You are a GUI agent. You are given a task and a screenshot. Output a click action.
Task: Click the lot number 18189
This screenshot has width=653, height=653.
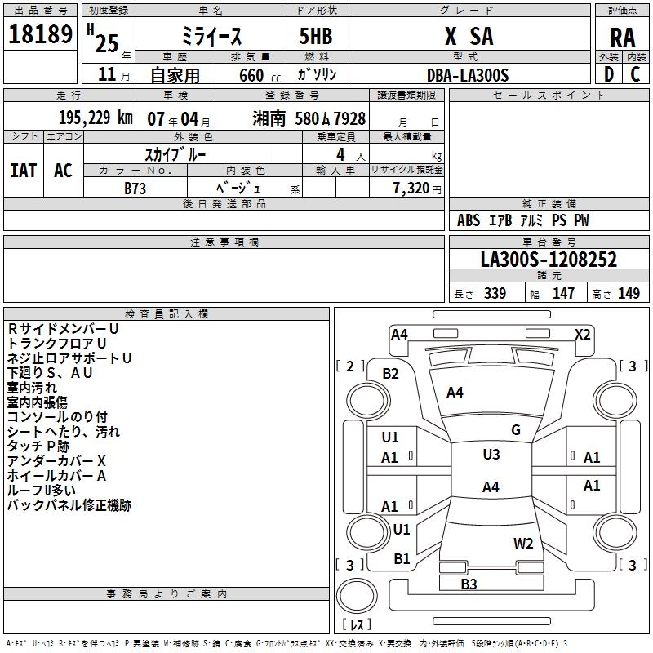coord(40,36)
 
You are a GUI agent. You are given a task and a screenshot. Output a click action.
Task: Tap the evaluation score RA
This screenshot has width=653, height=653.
coord(622,38)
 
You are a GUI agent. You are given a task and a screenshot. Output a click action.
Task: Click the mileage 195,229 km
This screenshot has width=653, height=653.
coord(96,118)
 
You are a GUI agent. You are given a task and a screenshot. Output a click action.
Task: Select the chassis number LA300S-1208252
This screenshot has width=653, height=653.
coord(549,260)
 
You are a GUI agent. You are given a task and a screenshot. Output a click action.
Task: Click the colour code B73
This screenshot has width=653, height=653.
coord(135,188)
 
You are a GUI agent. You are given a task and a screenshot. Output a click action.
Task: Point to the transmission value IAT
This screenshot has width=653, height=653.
coord(23,171)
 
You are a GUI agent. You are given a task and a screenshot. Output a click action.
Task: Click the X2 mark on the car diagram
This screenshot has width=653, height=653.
coord(582,334)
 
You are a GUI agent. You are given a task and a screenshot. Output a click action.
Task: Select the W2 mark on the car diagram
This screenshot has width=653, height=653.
coord(523,544)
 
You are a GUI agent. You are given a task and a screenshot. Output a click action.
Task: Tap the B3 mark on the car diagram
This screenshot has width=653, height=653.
coord(469,584)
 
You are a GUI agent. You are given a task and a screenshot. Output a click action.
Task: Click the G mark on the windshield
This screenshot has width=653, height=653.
coord(516,430)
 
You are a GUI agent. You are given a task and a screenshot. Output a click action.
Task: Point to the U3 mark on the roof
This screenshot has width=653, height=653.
coord(491,455)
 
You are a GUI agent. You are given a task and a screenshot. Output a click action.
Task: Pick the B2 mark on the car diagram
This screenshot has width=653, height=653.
coord(391,374)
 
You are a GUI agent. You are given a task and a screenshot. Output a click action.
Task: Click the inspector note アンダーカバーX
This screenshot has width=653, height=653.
coord(57,460)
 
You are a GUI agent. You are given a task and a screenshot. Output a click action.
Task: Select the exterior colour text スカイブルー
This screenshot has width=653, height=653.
coord(175,153)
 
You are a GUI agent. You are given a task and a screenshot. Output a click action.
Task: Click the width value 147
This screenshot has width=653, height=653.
coord(563,294)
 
